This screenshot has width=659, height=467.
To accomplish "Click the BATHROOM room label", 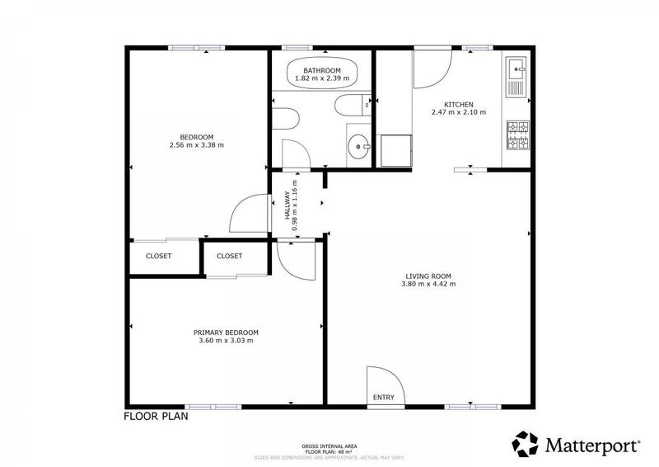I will click(321, 71).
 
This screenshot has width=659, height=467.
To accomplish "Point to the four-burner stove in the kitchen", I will click(516, 137).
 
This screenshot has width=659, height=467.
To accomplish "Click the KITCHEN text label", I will click(459, 104).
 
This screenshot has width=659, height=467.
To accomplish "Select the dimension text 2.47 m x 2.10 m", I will click(459, 112).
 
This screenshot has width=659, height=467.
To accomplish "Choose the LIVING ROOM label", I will click(428, 276).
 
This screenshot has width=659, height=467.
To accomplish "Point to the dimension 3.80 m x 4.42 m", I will click(428, 284).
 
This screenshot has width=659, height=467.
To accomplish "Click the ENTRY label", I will click(384, 398).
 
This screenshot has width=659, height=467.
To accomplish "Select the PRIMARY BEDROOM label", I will click(226, 332).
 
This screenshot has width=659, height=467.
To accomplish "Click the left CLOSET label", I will click(159, 256).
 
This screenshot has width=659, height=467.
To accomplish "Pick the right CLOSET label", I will click(230, 256).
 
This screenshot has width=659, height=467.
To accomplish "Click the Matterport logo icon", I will click(526, 443).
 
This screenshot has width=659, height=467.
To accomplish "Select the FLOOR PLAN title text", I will click(157, 417).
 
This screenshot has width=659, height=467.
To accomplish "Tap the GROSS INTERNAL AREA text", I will click(329, 443).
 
